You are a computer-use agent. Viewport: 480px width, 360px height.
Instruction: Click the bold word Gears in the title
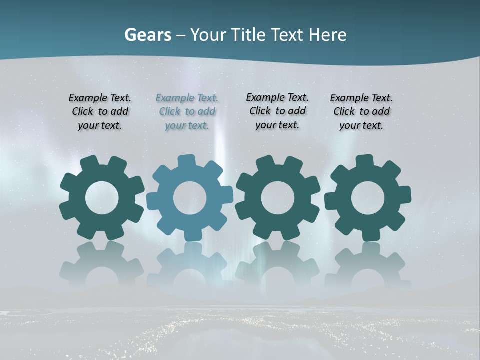click(x=147, y=35)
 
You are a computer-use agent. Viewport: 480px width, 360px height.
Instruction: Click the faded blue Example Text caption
click(x=187, y=112)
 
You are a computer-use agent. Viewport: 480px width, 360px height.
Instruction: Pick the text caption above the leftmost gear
click(x=100, y=112)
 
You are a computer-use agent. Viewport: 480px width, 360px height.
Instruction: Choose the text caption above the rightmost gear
click(x=361, y=112)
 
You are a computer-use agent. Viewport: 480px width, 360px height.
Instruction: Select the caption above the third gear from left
click(x=277, y=111)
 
